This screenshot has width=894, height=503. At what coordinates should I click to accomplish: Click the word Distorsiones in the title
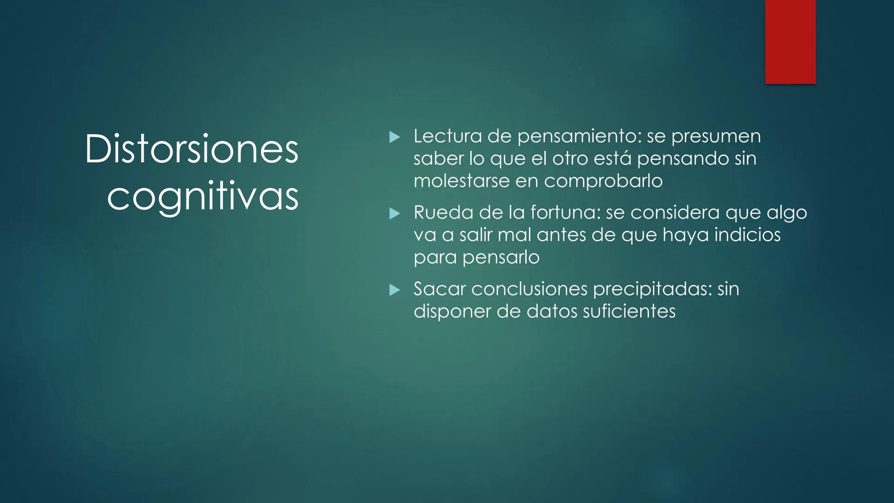tap(191, 149)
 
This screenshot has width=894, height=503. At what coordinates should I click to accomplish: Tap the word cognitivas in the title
tap(203, 197)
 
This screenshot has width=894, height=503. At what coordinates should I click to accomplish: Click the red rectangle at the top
tap(790, 42)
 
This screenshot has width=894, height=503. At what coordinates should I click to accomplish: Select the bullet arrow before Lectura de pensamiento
tap(394, 137)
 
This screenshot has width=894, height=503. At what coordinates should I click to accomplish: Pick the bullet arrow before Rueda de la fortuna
tap(394, 213)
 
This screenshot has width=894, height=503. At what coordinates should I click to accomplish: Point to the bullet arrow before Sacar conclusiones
tap(394, 290)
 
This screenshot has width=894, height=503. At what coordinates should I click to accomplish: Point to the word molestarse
tap(461, 181)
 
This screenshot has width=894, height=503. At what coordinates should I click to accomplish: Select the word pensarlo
tap(501, 257)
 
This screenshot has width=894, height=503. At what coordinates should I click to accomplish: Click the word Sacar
tap(439, 289)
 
